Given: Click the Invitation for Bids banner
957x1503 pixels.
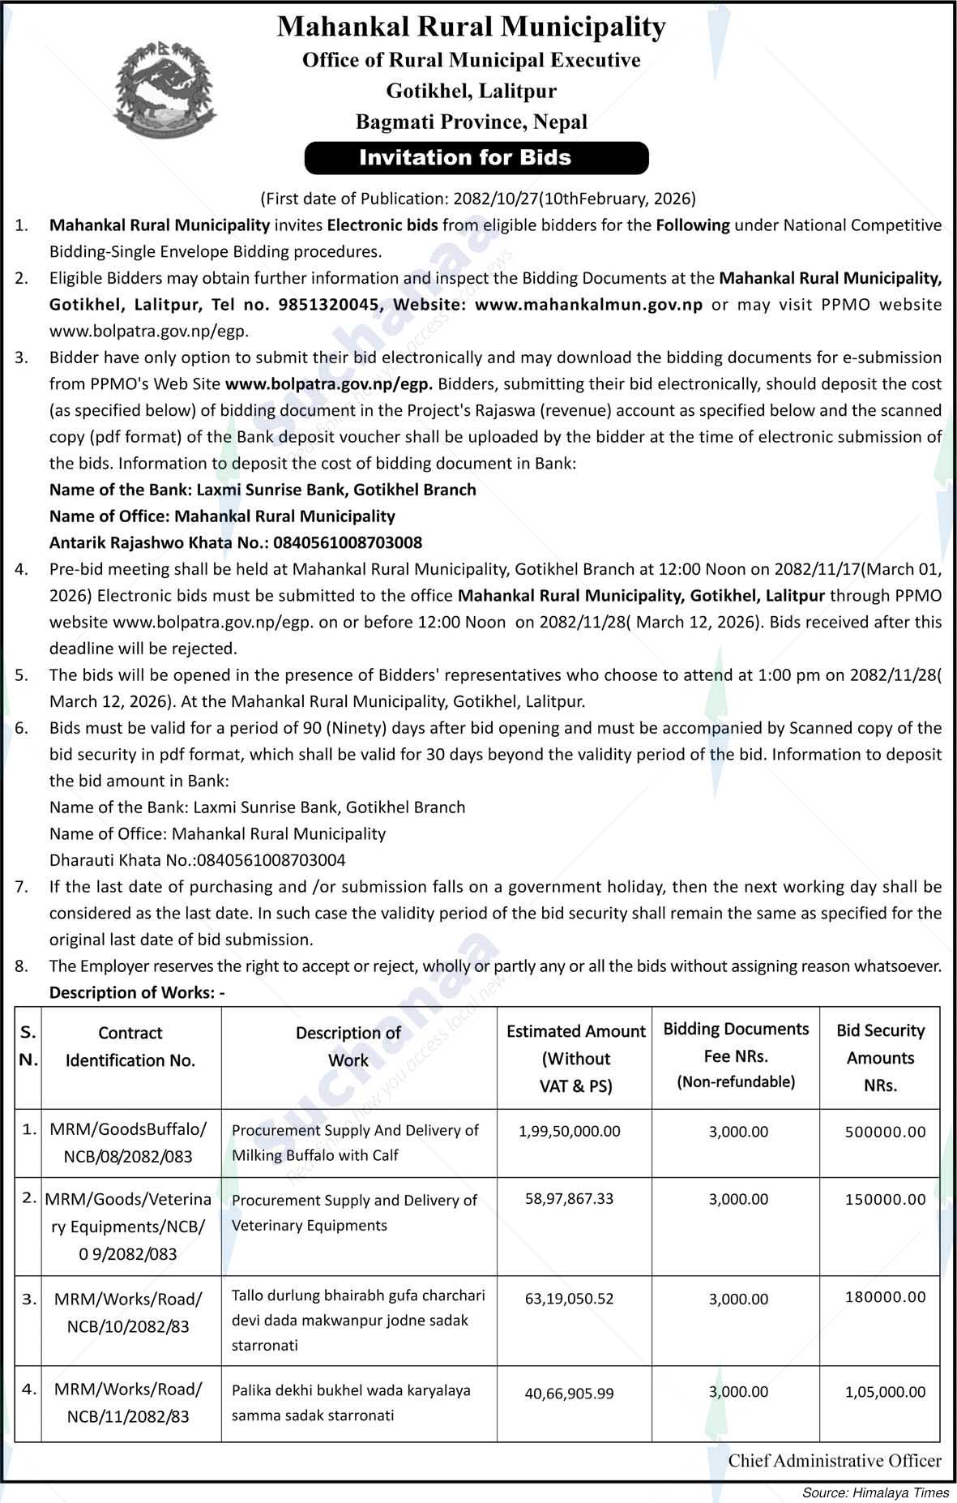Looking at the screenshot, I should [476, 157].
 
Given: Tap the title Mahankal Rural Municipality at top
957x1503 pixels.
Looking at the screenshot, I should [471, 28].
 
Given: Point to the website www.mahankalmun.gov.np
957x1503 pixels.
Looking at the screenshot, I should [588, 305].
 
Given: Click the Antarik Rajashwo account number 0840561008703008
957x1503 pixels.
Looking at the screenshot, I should [348, 542].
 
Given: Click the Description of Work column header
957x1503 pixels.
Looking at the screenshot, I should [348, 1046].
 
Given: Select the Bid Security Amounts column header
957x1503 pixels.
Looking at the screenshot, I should [880, 1057].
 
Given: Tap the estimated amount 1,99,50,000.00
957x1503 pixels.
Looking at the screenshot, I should [570, 1131].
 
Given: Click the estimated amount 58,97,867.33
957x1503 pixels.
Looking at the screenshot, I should [570, 1198].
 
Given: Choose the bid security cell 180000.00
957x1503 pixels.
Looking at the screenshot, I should [885, 1297].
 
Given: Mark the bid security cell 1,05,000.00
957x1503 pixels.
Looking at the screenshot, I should [885, 1392].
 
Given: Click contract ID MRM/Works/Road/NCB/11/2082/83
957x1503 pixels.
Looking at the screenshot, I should [128, 1402].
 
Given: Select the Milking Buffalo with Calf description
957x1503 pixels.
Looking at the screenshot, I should [315, 1155].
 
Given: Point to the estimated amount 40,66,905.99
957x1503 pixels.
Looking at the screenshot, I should [570, 1394].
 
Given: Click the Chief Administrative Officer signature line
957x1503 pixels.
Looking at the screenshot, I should [835, 1461].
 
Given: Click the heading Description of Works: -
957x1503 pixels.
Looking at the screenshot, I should [137, 992].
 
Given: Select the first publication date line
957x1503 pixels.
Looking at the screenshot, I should [478, 199].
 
